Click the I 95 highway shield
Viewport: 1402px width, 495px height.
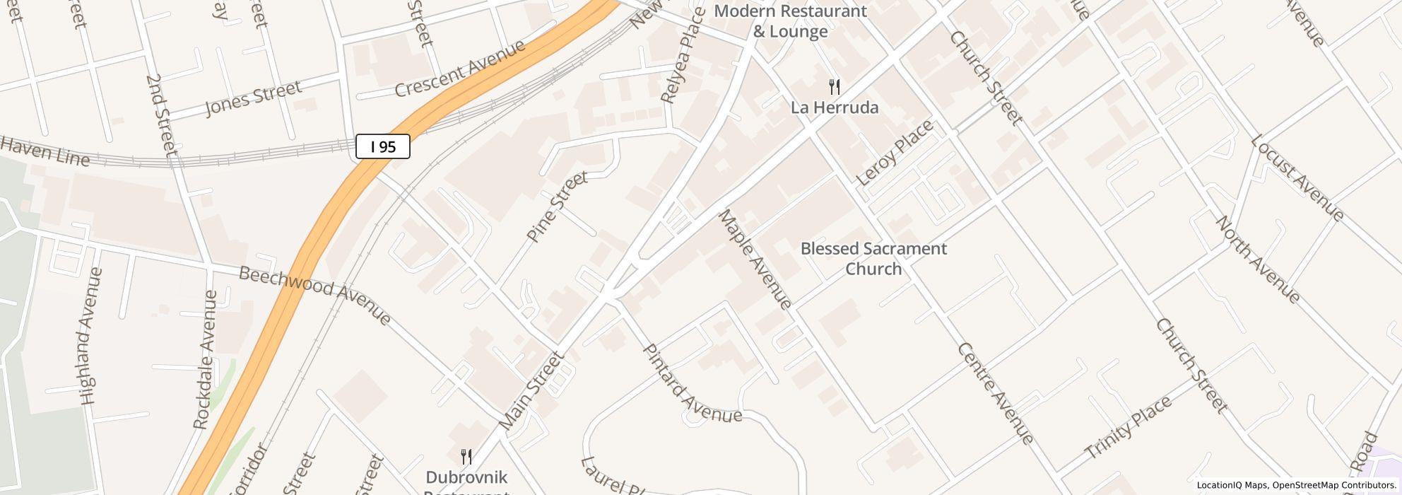click(382, 147)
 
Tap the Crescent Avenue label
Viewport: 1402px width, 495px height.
click(460, 69)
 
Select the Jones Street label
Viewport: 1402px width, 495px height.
click(253, 98)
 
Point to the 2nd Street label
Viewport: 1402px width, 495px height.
click(161, 114)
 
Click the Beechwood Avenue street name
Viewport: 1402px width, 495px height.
click(314, 296)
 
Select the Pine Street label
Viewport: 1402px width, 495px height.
click(558, 206)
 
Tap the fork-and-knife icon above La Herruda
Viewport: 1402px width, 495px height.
click(835, 88)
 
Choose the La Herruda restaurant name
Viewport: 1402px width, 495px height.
click(835, 107)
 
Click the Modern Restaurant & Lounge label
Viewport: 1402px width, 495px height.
click(790, 21)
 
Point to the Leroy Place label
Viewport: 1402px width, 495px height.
click(895, 153)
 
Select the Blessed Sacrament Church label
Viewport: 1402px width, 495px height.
click(873, 258)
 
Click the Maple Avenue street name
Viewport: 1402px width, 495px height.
click(755, 260)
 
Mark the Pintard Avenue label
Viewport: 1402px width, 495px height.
click(692, 385)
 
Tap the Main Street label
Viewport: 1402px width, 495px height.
click(531, 390)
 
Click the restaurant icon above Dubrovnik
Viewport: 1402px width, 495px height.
click(466, 457)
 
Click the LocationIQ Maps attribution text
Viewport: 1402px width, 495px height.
click(1231, 485)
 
